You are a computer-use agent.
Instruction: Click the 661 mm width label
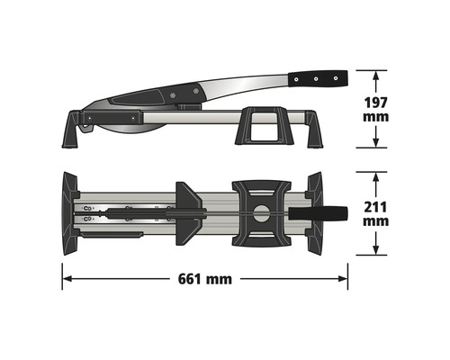(205, 279)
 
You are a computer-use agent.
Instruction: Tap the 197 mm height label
(376, 108)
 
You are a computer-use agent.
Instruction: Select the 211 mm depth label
(376, 213)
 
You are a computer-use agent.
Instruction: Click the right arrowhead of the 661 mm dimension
(345, 279)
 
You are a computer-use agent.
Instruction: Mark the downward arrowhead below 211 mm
(376, 255)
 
